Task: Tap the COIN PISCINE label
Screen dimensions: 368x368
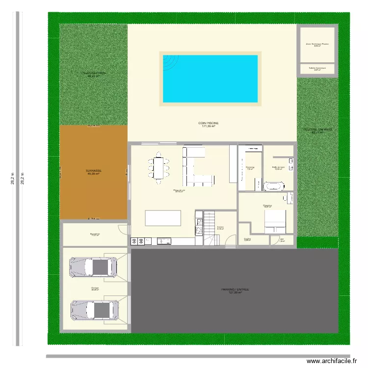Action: coord(209,125)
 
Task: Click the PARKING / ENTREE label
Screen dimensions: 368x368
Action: coord(235,291)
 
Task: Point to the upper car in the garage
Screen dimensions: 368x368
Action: coord(94,267)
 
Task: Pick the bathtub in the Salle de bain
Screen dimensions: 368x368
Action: coord(274,186)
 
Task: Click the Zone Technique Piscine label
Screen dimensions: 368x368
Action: coord(317,45)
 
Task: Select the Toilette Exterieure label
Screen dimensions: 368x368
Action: coord(317,69)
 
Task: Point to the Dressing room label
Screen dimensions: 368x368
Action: coord(250,168)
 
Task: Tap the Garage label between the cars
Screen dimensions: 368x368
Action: coord(94,289)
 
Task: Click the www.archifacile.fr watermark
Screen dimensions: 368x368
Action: coord(332,361)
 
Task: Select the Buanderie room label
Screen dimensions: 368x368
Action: coord(95,235)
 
